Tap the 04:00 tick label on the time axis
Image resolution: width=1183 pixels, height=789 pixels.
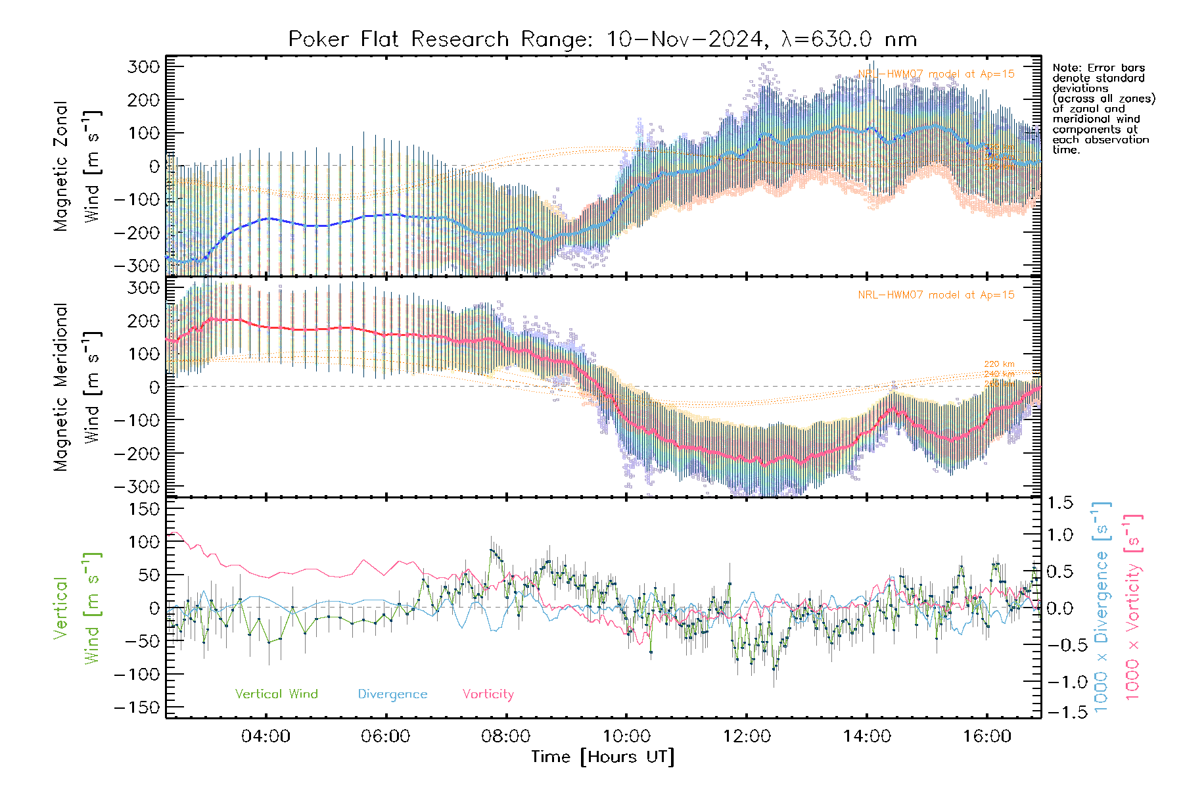click(x=266, y=736)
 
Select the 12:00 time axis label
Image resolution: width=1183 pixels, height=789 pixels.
click(x=747, y=736)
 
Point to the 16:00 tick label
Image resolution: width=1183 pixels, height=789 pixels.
click(x=986, y=736)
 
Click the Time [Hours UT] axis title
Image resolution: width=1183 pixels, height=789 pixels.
click(x=603, y=757)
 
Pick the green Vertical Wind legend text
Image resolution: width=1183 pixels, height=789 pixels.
click(x=276, y=694)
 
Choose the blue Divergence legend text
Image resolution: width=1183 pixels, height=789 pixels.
click(x=392, y=694)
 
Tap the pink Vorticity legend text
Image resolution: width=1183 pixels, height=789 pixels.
click(x=488, y=694)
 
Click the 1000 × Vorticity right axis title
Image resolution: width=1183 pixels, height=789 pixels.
click(x=1132, y=608)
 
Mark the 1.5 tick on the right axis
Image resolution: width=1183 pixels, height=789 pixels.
click(x=1060, y=503)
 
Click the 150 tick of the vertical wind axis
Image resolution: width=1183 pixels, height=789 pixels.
click(x=144, y=509)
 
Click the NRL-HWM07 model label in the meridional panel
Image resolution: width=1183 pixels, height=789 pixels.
click(x=936, y=295)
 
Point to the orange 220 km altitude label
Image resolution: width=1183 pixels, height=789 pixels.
click(x=999, y=364)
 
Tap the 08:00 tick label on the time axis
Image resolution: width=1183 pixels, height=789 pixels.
click(x=505, y=736)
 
